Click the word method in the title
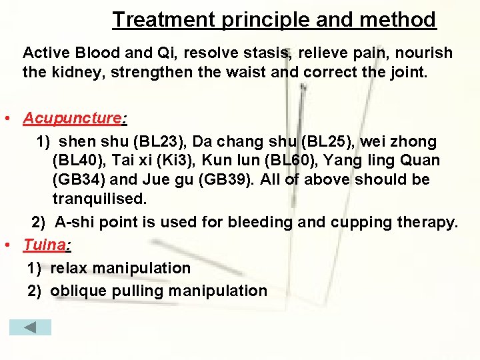pyautogui.click(x=398, y=19)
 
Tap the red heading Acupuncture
pyautogui.click(x=73, y=119)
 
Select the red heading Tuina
pyautogui.click(x=44, y=245)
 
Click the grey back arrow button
pyautogui.click(x=30, y=327)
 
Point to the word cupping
pyautogui.click(x=359, y=222)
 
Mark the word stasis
pyautogui.click(x=269, y=53)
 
